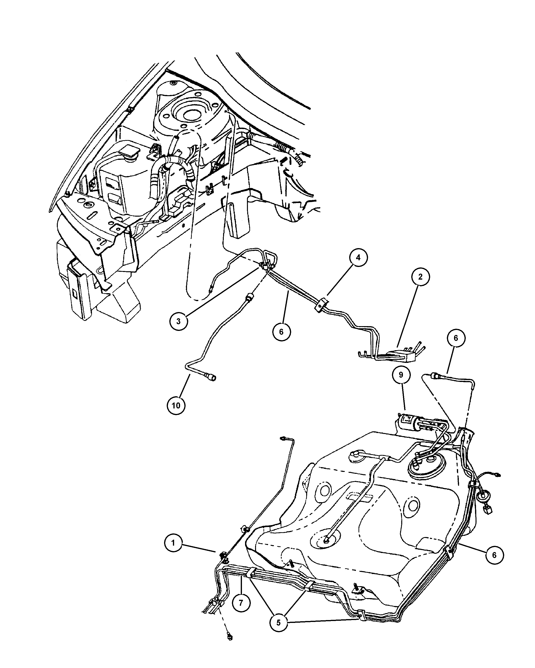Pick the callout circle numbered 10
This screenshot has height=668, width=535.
(176, 405)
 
